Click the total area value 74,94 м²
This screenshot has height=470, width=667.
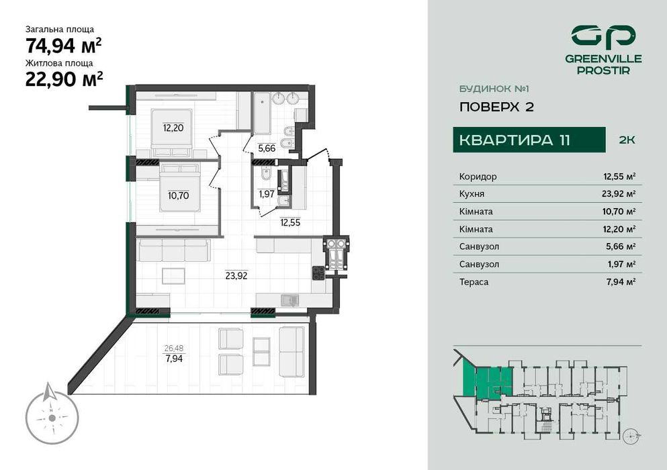[64, 46]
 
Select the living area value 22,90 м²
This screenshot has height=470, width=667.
[64, 79]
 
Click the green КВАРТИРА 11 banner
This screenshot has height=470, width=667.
[515, 140]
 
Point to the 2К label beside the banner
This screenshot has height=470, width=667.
[626, 140]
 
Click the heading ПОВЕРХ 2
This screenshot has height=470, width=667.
[496, 107]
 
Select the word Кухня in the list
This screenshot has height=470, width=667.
[472, 194]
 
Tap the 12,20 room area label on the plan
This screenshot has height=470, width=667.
[173, 127]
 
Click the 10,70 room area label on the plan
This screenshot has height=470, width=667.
[178, 196]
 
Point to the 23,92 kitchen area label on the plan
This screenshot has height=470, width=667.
[236, 275]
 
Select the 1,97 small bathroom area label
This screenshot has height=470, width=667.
[267, 195]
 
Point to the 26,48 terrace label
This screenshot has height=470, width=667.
[173, 348]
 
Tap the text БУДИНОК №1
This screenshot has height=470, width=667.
[486, 88]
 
